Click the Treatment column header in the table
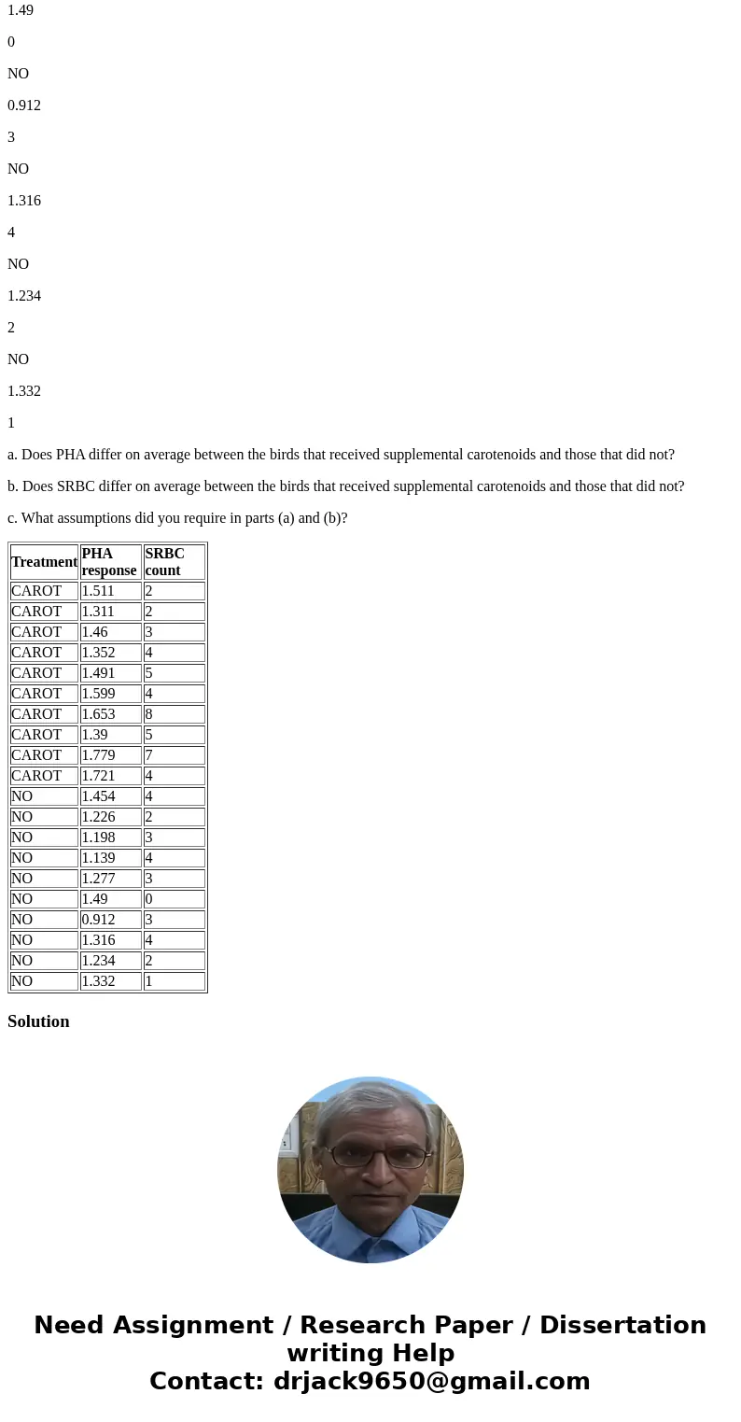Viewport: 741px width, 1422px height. [44, 562]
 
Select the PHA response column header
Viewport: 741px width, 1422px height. [109, 562]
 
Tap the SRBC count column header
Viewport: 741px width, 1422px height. [174, 562]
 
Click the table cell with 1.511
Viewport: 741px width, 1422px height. [110, 591]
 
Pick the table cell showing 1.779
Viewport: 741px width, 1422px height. [110, 755]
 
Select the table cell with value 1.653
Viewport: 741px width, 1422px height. [110, 714]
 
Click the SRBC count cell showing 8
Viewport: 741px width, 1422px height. [174, 714]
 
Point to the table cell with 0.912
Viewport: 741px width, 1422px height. [110, 920]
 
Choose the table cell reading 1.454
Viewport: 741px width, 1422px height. [110, 796]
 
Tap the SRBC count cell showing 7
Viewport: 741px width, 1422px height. [174, 755]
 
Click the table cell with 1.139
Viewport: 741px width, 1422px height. [110, 858]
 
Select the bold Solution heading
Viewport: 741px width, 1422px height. [38, 1021]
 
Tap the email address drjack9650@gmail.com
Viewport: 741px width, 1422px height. [431, 1382]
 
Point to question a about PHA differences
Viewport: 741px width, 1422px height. [341, 455]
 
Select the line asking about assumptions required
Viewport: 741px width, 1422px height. [177, 518]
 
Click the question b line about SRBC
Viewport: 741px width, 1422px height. [345, 486]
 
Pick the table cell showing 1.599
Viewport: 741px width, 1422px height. [110, 694]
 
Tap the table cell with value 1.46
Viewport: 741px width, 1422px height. [110, 632]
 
